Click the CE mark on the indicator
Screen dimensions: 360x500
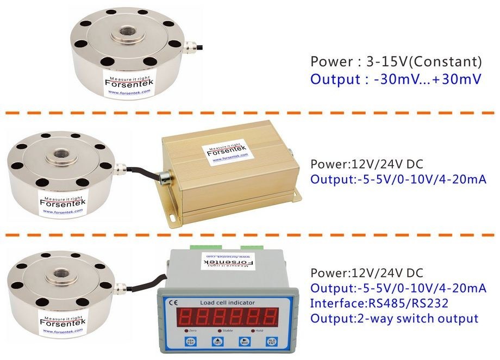174,302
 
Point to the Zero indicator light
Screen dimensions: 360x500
187,331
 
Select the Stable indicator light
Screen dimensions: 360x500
220,331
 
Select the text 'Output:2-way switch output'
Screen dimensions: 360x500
394,318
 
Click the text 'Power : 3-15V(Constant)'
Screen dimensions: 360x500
396,61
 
